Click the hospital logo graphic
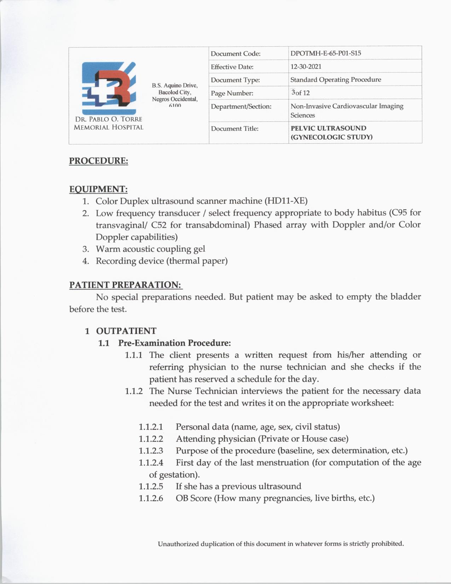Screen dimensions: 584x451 (109, 87)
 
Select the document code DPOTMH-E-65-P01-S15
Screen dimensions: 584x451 (325, 53)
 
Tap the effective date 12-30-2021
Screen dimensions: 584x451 (306, 67)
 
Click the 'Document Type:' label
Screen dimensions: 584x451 (235, 80)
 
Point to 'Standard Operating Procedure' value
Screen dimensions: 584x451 (335, 80)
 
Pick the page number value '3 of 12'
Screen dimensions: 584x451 (300, 93)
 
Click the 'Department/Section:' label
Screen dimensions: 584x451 (241, 106)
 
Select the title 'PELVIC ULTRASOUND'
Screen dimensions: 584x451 (328, 128)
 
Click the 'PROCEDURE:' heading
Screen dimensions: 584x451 (98, 161)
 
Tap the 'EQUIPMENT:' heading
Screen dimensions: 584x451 (98, 189)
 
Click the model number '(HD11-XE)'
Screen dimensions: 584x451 (286, 201)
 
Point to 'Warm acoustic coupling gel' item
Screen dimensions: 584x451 (150, 249)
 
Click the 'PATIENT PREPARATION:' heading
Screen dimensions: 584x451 (125, 285)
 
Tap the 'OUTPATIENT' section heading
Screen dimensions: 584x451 (126, 331)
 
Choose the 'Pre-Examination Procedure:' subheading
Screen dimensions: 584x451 (174, 343)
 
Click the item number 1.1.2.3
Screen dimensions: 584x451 (151, 451)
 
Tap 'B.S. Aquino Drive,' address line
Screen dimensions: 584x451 (175, 85)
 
